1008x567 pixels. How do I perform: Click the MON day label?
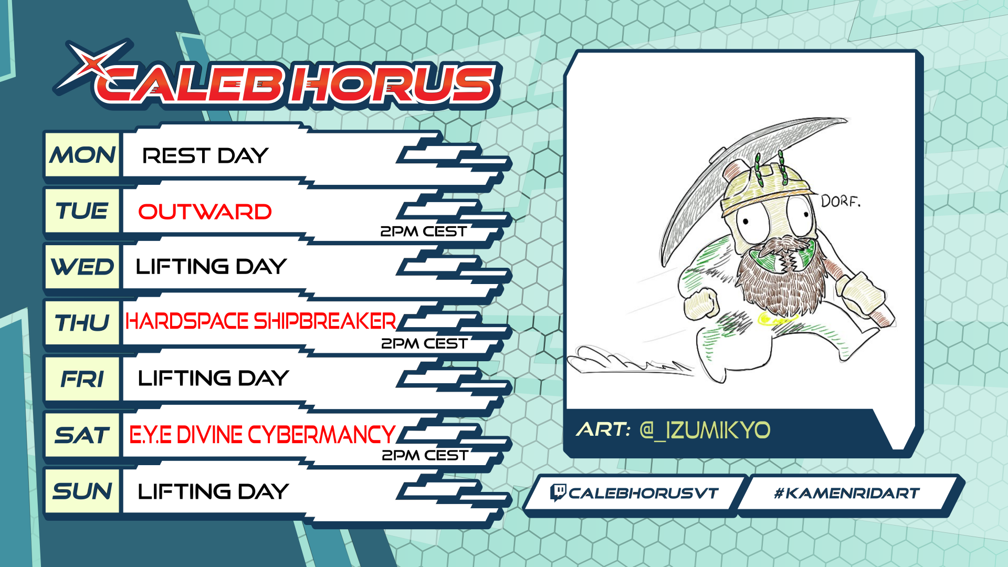pos(82,155)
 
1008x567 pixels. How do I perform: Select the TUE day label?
pos(82,211)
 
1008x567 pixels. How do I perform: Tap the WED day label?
pos(82,267)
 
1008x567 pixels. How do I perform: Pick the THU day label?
pos(82,323)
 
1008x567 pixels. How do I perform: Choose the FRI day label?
pos(82,379)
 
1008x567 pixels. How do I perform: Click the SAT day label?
pos(82,435)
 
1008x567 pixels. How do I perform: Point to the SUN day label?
pos(82,491)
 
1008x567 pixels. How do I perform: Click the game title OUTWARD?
pos(205,212)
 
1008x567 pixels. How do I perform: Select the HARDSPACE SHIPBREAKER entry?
pos(261,321)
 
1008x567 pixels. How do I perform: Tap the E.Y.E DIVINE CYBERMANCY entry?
pos(262,435)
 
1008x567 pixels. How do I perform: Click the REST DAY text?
pos(205,155)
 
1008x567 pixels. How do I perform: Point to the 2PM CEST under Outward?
pos(423,232)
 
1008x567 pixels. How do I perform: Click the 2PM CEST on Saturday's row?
pos(425,455)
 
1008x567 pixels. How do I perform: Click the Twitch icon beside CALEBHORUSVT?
pos(558,492)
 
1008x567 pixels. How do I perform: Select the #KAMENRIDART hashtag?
pos(847,493)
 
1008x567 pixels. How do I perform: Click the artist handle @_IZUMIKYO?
pos(705,430)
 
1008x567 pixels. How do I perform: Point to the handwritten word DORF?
pos(841,201)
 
